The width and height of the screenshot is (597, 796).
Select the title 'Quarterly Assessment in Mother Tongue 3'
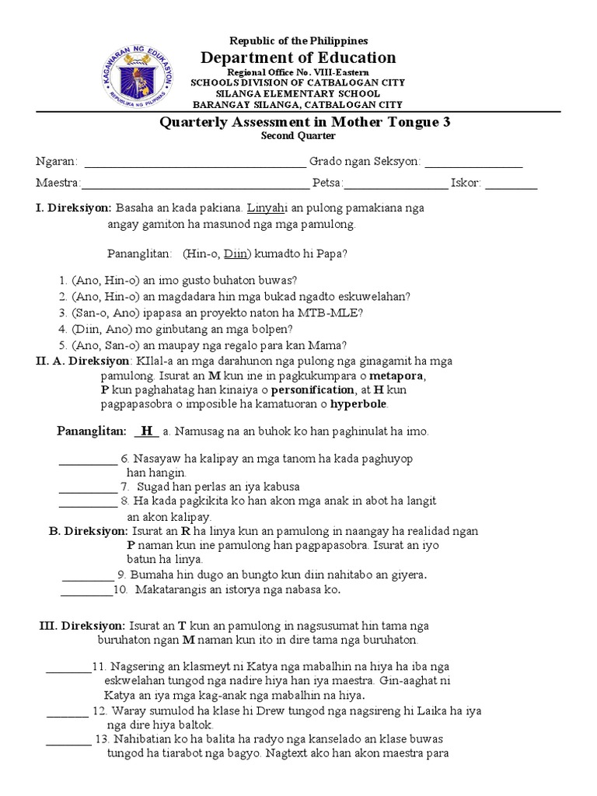[x=304, y=122]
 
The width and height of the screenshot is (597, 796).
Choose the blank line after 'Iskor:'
[x=511, y=185]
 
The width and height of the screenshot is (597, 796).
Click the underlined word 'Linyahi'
[x=266, y=208]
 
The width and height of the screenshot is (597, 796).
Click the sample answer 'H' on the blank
[x=146, y=431]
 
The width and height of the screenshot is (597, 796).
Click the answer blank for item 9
[x=88, y=576]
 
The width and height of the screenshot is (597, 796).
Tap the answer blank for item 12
[x=68, y=711]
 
